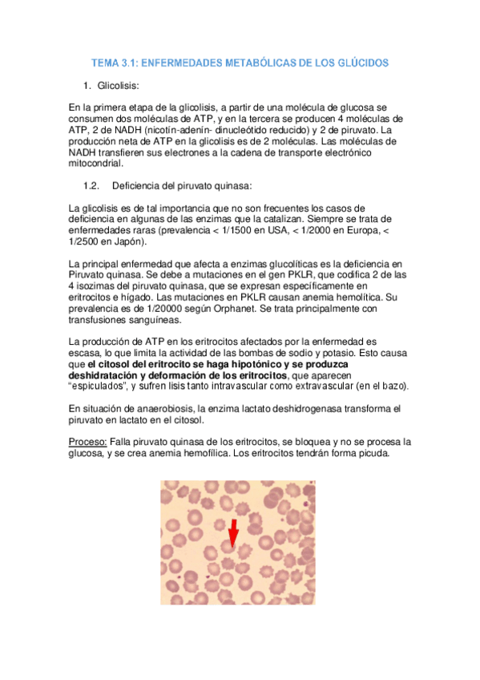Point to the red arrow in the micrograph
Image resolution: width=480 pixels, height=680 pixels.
(x=234, y=533)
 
